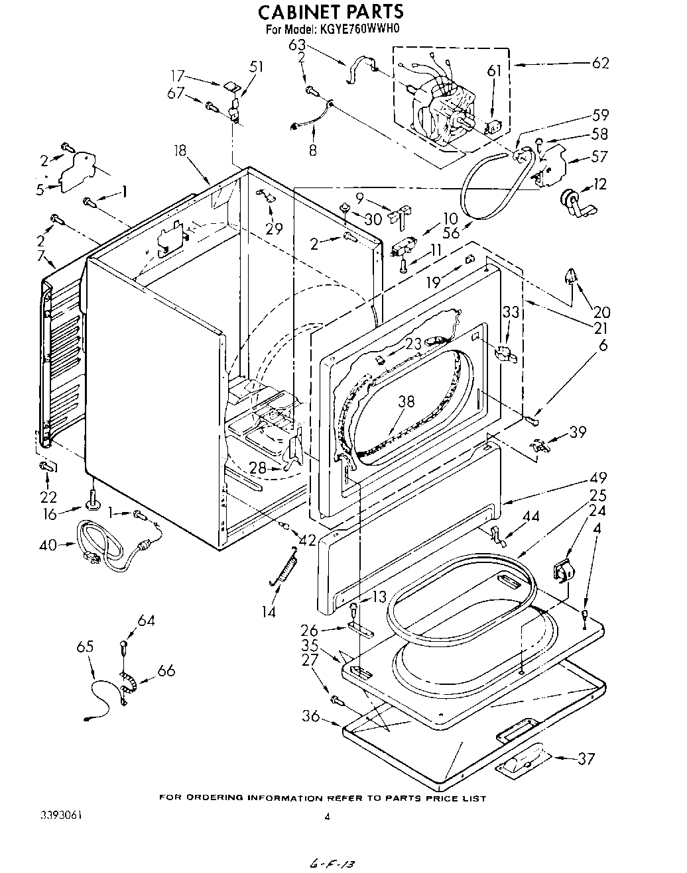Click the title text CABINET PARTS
tap(330, 12)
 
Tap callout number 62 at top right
tap(600, 64)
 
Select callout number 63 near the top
tap(297, 46)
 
